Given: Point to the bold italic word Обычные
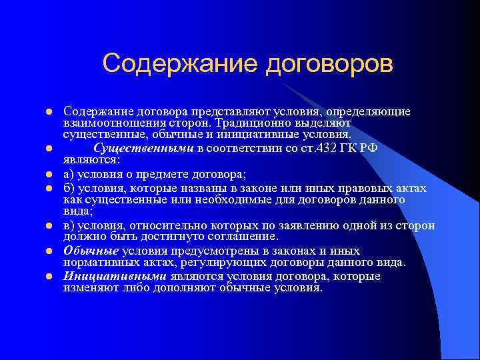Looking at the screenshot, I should click(x=91, y=251).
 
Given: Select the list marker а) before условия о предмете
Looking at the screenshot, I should click(x=69, y=175).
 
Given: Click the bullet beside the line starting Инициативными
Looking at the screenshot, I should click(x=41, y=276).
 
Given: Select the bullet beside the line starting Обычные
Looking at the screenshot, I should click(x=41, y=251).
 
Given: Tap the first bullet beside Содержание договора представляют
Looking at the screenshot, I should click(x=41, y=112).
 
